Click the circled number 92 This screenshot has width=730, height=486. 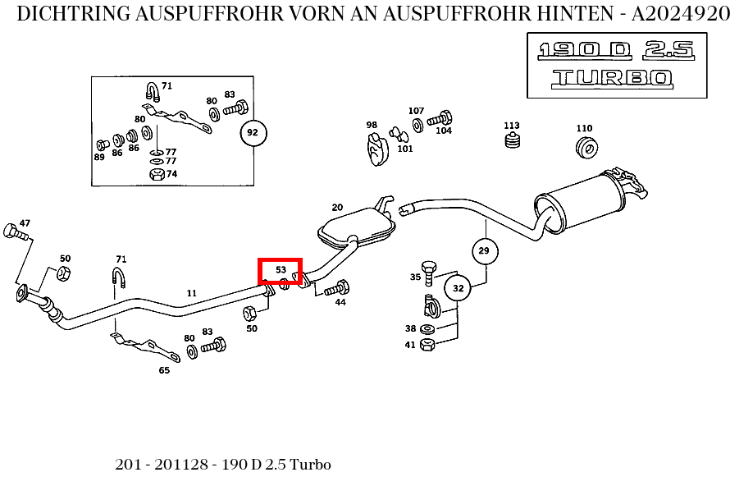pyautogui.click(x=253, y=132)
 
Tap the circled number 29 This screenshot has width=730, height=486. pyautogui.click(x=484, y=250)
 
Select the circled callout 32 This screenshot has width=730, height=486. pyautogui.click(x=458, y=288)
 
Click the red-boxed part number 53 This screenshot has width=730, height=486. pyautogui.click(x=281, y=270)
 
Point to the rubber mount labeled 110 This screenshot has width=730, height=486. pyautogui.click(x=586, y=148)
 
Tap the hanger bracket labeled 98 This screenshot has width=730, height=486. pyautogui.click(x=376, y=149)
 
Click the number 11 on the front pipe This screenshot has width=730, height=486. pyautogui.click(x=191, y=293)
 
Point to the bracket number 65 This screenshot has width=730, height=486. pyautogui.click(x=164, y=370)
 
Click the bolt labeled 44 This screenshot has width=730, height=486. pyautogui.click(x=338, y=288)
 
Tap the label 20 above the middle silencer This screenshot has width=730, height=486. pyautogui.click(x=337, y=207)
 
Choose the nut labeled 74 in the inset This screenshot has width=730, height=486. pyautogui.click(x=156, y=174)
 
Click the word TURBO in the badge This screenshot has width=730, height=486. pyautogui.click(x=612, y=78)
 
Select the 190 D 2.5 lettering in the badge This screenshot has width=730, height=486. pyautogui.click(x=616, y=51)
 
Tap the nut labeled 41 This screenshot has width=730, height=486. pyautogui.click(x=427, y=345)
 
